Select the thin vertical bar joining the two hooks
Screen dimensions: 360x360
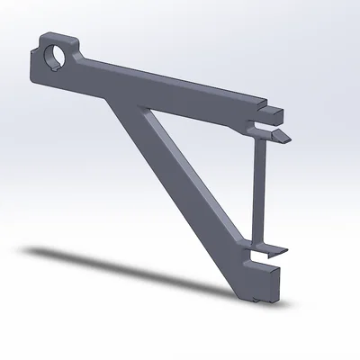tap(258, 189)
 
